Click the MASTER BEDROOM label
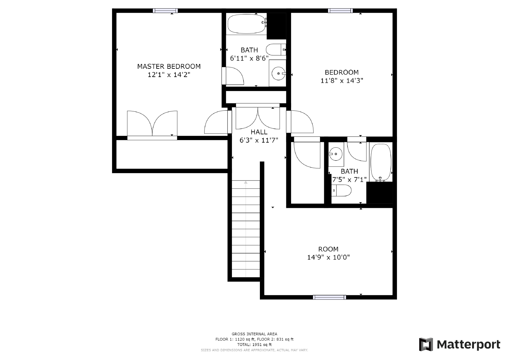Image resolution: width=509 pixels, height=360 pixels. [169, 67]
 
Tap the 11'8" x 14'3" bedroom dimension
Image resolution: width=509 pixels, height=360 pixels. [342, 81]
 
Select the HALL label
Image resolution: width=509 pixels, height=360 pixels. [259, 132]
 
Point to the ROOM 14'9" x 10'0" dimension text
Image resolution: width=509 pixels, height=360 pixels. [328, 257]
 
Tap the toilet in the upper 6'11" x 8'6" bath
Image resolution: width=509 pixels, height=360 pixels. [275, 50]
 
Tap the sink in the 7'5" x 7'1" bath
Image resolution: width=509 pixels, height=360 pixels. [335, 154]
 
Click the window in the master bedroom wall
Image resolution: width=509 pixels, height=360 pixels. [165, 11]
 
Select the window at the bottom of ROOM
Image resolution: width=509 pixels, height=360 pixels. [329, 297]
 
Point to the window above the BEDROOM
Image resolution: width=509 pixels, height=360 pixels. [340, 11]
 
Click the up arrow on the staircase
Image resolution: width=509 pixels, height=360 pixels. [246, 182]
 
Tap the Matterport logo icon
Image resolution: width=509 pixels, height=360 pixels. [426, 344]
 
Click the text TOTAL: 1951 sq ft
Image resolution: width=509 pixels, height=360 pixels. [254, 344]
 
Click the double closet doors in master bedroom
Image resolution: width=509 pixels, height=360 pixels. [152, 124]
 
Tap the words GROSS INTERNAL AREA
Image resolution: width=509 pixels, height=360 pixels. [254, 334]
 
